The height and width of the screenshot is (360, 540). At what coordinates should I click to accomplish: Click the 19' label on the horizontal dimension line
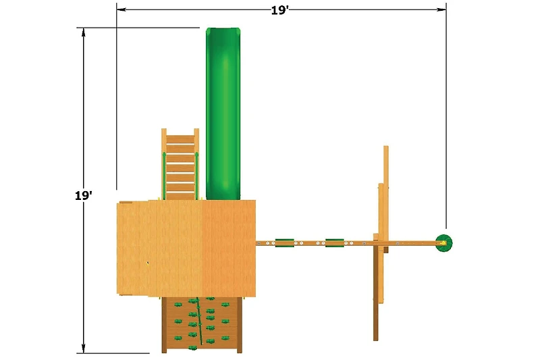click(x=279, y=10)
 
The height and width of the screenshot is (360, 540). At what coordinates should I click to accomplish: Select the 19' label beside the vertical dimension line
click(x=83, y=196)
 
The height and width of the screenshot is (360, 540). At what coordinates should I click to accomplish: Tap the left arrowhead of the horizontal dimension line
click(x=122, y=9)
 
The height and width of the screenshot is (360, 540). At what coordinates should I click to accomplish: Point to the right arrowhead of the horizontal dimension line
click(x=441, y=9)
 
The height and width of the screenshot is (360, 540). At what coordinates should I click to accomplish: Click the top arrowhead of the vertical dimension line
click(x=83, y=32)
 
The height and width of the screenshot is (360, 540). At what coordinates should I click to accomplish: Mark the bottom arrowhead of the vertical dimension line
click(x=83, y=349)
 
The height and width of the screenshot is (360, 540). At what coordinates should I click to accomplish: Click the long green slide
click(x=223, y=113)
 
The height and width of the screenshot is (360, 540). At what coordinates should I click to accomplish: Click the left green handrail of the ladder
click(x=164, y=176)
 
